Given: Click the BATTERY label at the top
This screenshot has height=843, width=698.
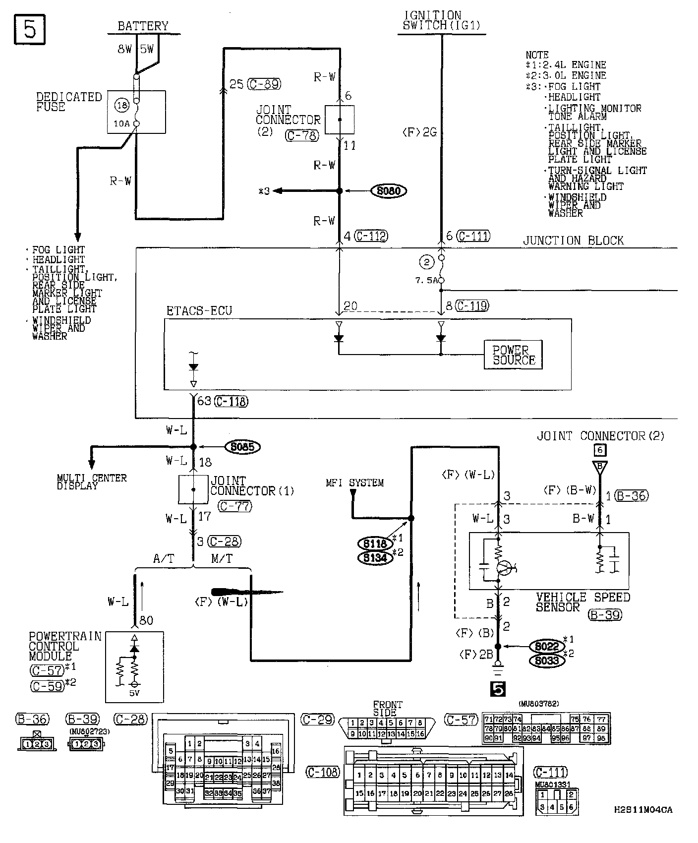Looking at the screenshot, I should (x=143, y=26).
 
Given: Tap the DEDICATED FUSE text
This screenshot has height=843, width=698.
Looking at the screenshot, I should (x=68, y=102).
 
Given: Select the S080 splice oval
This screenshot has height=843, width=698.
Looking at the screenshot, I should (x=389, y=191).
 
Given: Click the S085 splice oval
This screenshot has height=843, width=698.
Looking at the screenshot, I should (x=242, y=447).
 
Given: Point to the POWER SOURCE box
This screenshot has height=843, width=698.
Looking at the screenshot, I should (x=513, y=355).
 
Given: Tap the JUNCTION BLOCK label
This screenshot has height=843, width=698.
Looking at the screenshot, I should (x=573, y=241).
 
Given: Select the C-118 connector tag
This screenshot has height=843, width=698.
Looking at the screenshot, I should (x=232, y=401).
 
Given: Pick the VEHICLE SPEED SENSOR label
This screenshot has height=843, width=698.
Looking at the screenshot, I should (x=582, y=602).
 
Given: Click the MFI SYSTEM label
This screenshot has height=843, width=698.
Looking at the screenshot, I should (x=354, y=482).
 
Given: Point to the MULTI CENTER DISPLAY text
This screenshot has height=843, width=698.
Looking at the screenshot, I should (x=92, y=482).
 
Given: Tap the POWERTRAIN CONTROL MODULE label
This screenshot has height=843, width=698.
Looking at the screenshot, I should (x=65, y=646).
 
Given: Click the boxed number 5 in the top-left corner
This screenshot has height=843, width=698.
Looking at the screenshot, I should (x=30, y=29).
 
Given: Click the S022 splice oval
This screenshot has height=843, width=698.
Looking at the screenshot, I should (x=547, y=647).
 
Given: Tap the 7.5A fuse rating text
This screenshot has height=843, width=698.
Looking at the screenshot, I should (x=426, y=280).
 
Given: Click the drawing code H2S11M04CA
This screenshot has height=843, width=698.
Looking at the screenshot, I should (x=643, y=810).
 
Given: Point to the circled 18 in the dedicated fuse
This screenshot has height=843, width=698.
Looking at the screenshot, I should (x=121, y=105).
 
